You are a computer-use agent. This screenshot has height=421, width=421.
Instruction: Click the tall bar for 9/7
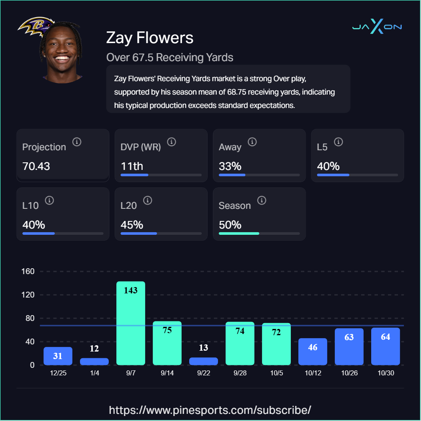tap(131, 323)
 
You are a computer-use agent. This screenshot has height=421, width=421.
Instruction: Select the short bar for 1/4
tap(94, 362)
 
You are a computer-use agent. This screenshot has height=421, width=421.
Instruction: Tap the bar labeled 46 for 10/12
tap(313, 352)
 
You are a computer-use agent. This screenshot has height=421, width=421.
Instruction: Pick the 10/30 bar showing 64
tap(385, 347)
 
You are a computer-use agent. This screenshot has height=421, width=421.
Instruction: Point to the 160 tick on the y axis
tap(28, 271)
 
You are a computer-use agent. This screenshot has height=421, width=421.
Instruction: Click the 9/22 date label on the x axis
tap(203, 373)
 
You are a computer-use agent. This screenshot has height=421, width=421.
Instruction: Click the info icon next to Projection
tap(77, 142)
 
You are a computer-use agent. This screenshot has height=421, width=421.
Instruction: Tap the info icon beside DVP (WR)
tap(172, 142)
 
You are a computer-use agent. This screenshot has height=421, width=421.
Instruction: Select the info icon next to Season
tap(262, 200)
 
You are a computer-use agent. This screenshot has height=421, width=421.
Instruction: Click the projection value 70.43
tap(36, 166)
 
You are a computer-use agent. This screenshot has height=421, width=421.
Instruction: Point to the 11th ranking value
tap(132, 166)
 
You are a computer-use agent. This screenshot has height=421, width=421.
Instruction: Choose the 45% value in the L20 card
tap(132, 225)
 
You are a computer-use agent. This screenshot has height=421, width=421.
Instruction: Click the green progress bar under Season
tap(239, 233)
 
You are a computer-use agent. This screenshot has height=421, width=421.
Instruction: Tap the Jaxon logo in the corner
tap(377, 27)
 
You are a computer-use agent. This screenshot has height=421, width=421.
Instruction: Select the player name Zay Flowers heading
tap(150, 38)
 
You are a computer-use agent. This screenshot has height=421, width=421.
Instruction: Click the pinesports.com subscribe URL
tap(210, 409)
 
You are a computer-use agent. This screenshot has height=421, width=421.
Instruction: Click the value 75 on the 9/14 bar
tap(167, 330)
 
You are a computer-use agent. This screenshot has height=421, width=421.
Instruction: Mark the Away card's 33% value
tap(230, 166)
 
